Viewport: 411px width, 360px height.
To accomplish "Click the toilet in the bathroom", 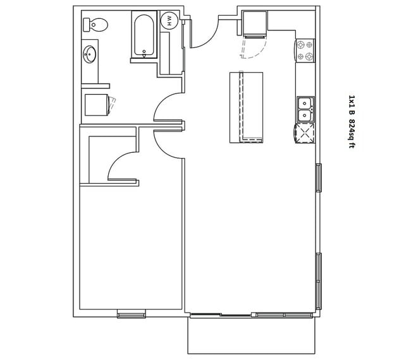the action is click(x=95, y=25).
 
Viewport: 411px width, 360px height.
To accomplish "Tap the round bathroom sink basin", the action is click(x=89, y=54).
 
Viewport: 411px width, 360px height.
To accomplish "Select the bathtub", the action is click(x=144, y=35).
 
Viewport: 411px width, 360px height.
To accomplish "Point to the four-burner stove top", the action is click(x=305, y=51).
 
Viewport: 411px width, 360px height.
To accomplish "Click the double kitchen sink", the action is click(x=305, y=109).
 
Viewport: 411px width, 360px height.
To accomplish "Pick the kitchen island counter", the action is click(x=246, y=107).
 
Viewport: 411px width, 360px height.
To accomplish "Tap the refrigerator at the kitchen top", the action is click(x=255, y=23).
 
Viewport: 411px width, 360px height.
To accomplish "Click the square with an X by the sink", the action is click(x=304, y=133).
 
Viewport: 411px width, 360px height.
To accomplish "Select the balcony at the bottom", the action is click(x=252, y=335).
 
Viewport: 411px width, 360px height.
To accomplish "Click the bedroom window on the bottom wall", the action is click(x=132, y=314).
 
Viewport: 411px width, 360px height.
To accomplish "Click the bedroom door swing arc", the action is click(x=163, y=150).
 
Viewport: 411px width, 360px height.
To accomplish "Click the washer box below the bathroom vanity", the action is click(x=97, y=105).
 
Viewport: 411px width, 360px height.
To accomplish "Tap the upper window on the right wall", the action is click(x=319, y=177).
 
